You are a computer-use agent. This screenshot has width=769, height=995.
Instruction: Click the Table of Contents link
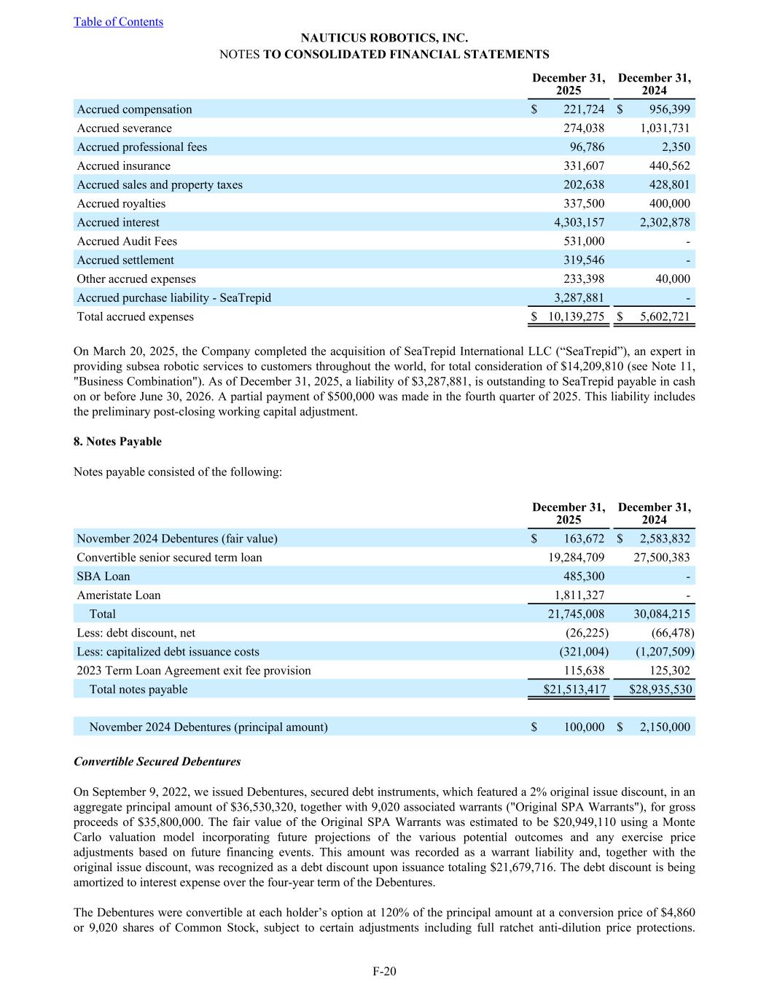[x=118, y=22]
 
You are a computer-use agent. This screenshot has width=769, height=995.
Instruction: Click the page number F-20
[x=384, y=971]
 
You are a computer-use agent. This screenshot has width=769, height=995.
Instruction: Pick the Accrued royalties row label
[x=121, y=203]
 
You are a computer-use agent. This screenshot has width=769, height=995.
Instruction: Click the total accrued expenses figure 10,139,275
[x=576, y=316]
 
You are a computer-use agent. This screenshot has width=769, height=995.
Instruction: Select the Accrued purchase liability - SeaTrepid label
[x=173, y=297]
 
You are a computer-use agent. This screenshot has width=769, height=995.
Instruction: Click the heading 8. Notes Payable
[x=117, y=442]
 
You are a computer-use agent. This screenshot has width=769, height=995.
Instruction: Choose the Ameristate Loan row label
[x=119, y=596]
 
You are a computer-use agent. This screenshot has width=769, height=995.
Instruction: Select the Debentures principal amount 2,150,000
[x=665, y=727]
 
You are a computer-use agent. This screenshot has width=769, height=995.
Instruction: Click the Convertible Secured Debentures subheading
[x=157, y=762]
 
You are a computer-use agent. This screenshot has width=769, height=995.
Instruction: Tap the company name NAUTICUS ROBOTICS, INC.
[x=384, y=38]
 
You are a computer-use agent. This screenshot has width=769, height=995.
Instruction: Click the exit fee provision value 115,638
[x=584, y=671]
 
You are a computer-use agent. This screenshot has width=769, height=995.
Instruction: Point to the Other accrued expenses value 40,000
[x=671, y=279]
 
